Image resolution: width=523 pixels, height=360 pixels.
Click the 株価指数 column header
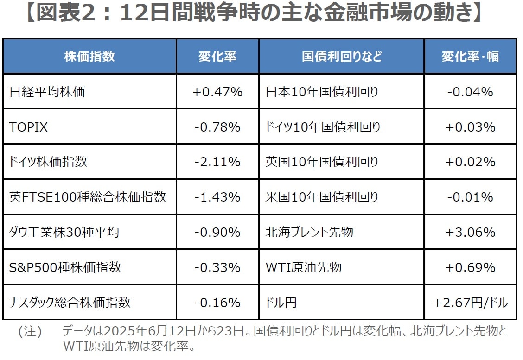pyautogui.click(x=89, y=57)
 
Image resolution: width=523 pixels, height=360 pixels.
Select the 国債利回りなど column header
pyautogui.click(x=342, y=57)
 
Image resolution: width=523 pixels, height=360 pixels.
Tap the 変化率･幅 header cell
pyautogui.click(x=470, y=57)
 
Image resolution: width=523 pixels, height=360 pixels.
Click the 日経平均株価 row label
pyautogui.click(x=47, y=92)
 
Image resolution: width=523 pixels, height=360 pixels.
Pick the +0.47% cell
pyautogui.click(x=217, y=92)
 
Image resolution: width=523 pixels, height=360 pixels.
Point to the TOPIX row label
pyautogui.click(x=28, y=127)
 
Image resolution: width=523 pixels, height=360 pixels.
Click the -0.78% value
pyautogui.click(x=217, y=127)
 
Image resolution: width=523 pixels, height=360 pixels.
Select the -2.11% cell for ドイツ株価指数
pyautogui.click(x=217, y=162)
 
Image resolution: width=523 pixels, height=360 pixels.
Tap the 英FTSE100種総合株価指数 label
pyautogui.click(x=88, y=197)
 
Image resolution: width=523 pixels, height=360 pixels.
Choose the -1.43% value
pyautogui.click(x=217, y=197)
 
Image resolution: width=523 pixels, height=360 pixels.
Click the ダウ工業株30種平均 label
pyautogui.click(x=64, y=232)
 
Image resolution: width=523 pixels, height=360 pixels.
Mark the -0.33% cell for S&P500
pyautogui.click(x=217, y=267)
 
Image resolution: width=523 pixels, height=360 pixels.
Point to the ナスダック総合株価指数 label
pyautogui.click(x=70, y=303)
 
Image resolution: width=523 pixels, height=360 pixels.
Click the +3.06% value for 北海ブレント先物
pyautogui.click(x=470, y=232)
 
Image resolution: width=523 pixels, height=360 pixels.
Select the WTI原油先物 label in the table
pyautogui.click(x=303, y=267)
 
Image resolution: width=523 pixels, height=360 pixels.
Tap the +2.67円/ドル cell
pyautogui.click(x=470, y=303)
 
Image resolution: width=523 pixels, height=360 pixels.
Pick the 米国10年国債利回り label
pyautogui.click(x=322, y=197)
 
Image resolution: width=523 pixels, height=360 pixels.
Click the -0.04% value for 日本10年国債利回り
pyautogui.click(x=470, y=92)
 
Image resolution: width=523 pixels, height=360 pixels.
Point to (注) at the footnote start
pyautogui.click(x=30, y=332)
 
